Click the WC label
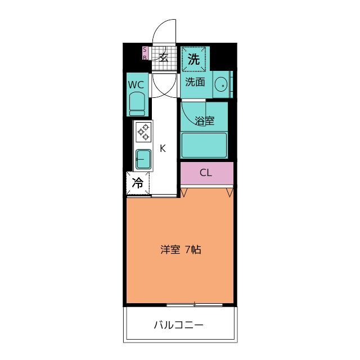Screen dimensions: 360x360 (x=136, y=85)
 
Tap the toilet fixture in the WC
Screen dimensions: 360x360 (x=137, y=104)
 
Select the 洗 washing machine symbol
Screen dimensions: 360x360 (x=193, y=59)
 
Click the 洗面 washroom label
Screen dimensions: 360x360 (x=195, y=82)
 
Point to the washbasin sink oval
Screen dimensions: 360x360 (x=220, y=85)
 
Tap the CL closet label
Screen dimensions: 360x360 (x=206, y=173)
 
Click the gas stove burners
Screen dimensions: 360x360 (x=143, y=132)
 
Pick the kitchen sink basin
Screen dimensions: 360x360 (x=142, y=159)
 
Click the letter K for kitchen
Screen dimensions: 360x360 (x=163, y=148)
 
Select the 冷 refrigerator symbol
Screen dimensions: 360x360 (x=137, y=183)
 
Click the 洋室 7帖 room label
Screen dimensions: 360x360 (x=181, y=249)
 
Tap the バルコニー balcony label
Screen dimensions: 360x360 (x=178, y=325)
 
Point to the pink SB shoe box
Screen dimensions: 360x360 (x=145, y=53)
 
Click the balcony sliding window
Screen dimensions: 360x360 (x=195, y=304)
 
